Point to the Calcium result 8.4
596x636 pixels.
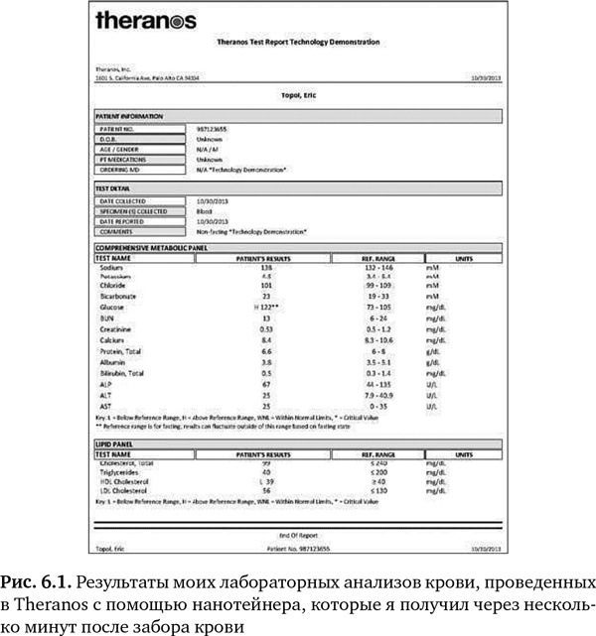pyautogui.click(x=266, y=339)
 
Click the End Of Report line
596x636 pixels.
pyautogui.click(x=297, y=534)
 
